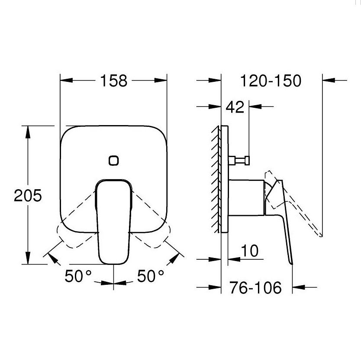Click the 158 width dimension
114,81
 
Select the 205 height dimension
28,196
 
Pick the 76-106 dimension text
255,287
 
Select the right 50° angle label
151,276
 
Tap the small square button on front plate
113,160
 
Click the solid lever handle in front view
113,221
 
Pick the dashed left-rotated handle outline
74,229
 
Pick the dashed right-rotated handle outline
153,229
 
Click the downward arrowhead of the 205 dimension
28,259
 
